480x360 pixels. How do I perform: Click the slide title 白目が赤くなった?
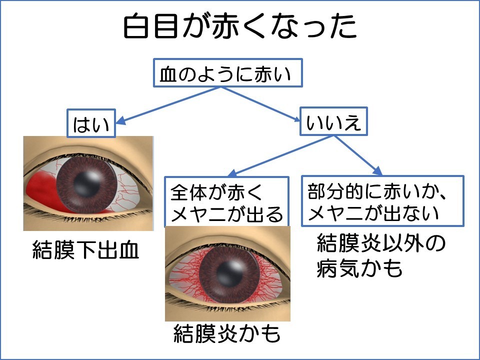[x=240, y=27]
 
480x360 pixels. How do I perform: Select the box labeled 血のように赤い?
[x=228, y=74]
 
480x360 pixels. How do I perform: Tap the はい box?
[x=91, y=123]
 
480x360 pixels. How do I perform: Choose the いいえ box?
[x=333, y=121]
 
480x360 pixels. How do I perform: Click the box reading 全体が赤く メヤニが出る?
[x=227, y=201]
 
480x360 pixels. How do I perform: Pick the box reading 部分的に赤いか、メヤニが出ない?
[x=382, y=200]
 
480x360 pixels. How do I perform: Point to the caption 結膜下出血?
[x=85, y=251]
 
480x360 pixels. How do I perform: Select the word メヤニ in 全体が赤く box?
[x=195, y=214]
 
